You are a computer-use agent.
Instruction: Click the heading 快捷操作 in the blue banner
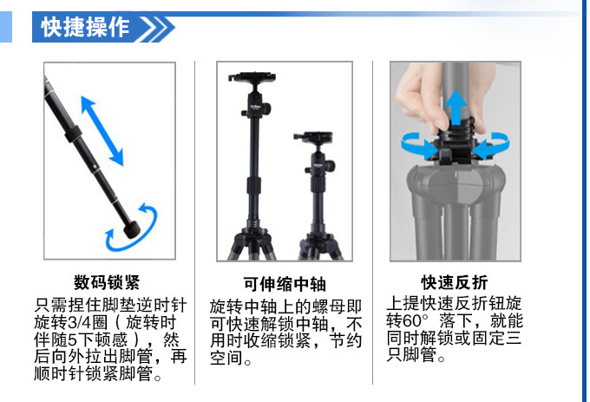pyautogui.click(x=85, y=28)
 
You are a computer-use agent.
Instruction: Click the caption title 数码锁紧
pyautogui.click(x=107, y=282)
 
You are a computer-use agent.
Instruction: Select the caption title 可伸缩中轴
pyautogui.click(x=285, y=284)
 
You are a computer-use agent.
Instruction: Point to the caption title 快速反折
pyautogui.click(x=455, y=282)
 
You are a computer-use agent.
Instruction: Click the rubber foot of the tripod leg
pyautogui.click(x=132, y=229)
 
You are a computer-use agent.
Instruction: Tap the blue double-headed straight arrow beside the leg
pyautogui.click(x=102, y=130)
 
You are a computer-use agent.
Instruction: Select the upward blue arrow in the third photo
pyautogui.click(x=456, y=108)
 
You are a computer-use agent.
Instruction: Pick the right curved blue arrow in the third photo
pyautogui.click(x=492, y=146)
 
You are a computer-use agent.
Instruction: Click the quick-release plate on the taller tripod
pyautogui.click(x=252, y=77)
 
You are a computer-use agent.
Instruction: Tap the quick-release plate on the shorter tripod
pyautogui.click(x=313, y=136)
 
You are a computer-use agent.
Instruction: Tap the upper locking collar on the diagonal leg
pyautogui.click(x=74, y=135)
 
